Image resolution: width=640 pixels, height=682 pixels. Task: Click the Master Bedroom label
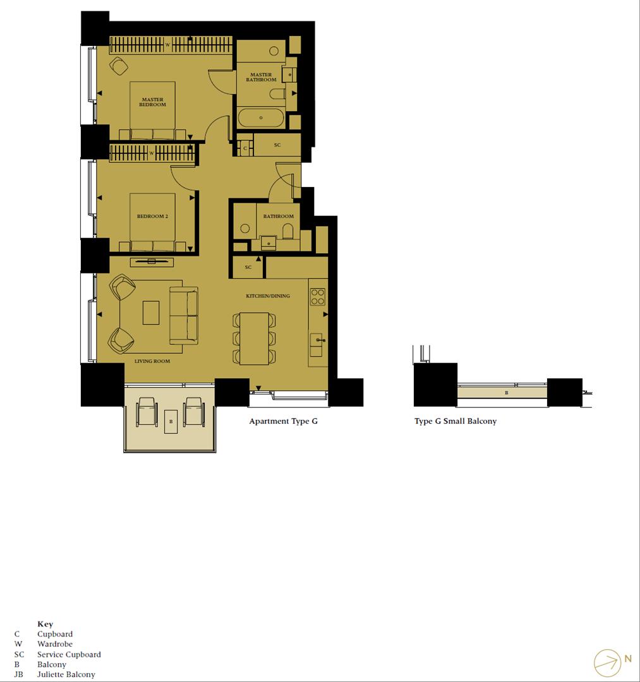coord(152,102)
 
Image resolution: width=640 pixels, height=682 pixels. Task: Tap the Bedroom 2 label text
coord(152,217)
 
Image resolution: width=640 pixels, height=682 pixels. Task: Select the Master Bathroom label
coord(261,77)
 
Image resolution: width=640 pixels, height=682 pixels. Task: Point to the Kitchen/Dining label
coord(268,296)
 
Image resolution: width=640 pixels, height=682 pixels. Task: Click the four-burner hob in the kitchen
coord(317,297)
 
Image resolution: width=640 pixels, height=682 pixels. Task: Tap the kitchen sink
coord(317,342)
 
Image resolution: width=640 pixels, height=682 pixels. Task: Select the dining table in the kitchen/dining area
coord(255,338)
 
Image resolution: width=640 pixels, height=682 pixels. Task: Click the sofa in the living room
coord(183,315)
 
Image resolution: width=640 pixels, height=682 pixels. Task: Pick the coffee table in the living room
coord(151,313)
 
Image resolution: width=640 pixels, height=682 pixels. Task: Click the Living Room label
coord(152,361)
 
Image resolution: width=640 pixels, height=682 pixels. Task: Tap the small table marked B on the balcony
coord(171,421)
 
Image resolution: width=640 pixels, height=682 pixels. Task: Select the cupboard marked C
coord(245,148)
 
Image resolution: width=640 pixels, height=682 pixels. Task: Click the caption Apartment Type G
coord(283,421)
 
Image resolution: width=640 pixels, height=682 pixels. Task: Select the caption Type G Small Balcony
coord(456,421)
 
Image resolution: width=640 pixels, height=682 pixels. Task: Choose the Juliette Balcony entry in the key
coord(66,674)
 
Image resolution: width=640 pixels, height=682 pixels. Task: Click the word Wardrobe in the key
coord(54,644)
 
